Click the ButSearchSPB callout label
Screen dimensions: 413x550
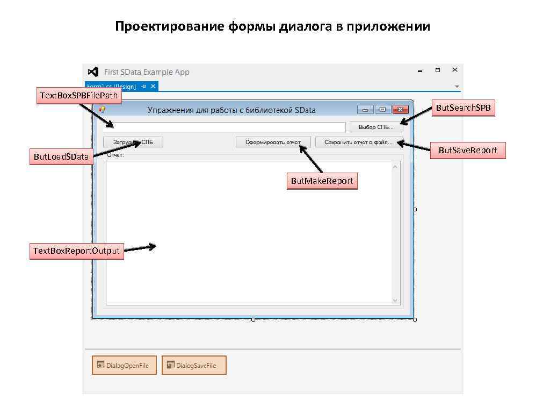(463, 108)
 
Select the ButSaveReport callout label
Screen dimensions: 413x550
(467, 151)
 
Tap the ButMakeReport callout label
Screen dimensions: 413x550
(322, 181)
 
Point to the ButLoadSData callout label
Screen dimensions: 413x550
(61, 157)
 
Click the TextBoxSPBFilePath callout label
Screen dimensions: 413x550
(79, 96)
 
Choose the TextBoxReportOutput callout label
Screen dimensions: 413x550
(76, 251)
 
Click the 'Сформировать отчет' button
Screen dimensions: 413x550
(273, 142)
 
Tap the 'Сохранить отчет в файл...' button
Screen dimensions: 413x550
(359, 142)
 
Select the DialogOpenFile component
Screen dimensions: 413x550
(124, 365)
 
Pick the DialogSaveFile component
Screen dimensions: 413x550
(194, 365)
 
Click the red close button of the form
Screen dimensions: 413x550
(400, 110)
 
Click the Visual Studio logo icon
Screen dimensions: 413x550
(93, 72)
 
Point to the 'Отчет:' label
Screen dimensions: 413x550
(115, 155)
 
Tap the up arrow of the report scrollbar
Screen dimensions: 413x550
(396, 166)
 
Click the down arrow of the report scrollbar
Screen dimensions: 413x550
(396, 301)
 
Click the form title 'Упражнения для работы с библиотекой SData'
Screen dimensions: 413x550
(231, 110)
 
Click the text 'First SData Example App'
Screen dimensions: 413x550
(147, 72)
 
